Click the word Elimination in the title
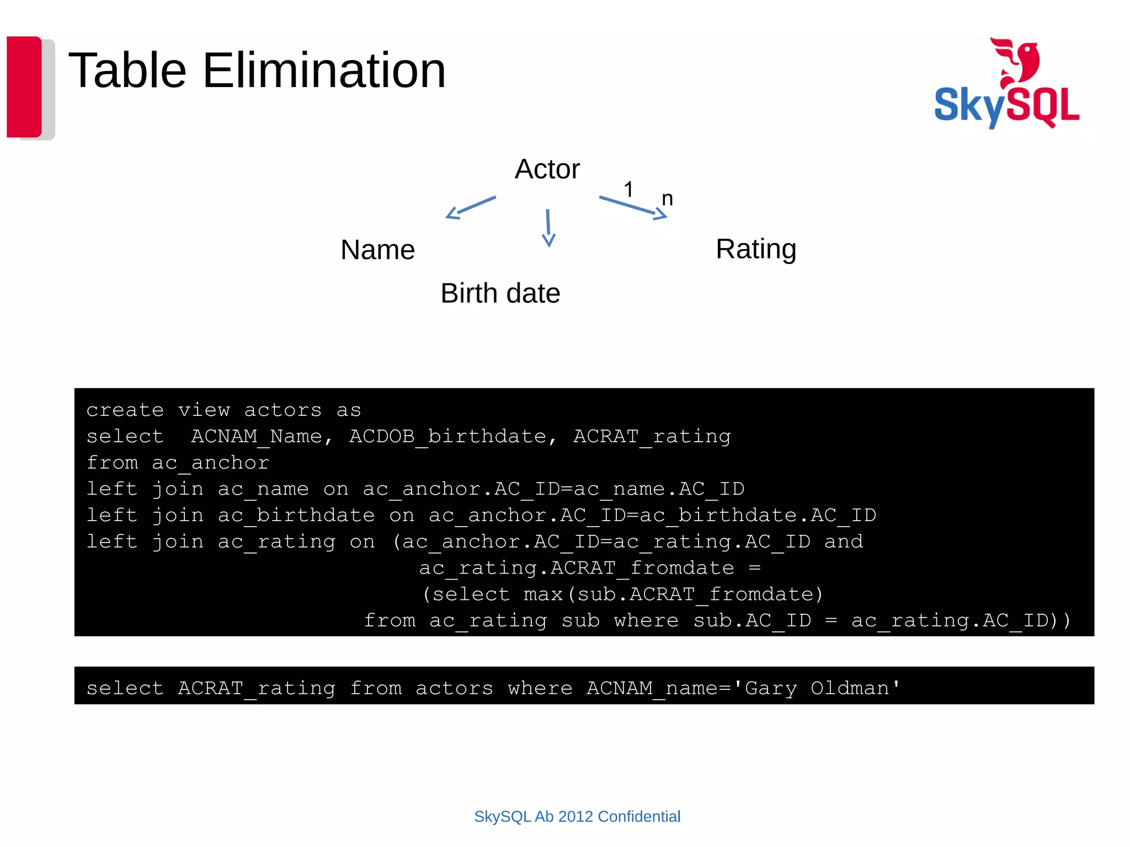point(324,71)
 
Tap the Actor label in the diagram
point(547,169)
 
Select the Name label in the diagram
point(377,250)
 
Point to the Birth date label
point(500,293)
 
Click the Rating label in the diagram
point(755,249)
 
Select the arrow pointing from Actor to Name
point(471,207)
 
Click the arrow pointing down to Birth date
point(548,227)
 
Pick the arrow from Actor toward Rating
point(633,208)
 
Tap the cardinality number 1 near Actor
point(628,190)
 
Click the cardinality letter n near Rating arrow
point(667,199)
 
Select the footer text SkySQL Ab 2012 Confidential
point(577,816)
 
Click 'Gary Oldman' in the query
point(822,688)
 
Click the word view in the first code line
point(204,410)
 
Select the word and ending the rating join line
point(843,542)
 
